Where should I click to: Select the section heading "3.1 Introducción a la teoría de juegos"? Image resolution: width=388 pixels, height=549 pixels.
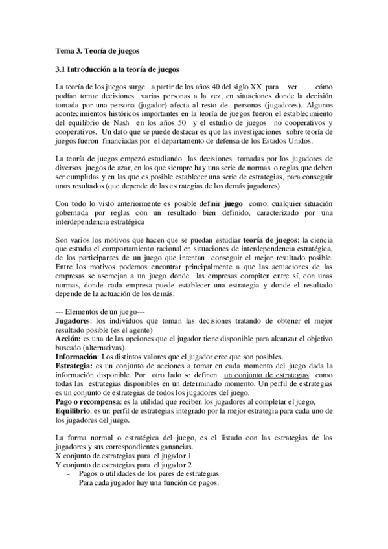(x=117, y=69)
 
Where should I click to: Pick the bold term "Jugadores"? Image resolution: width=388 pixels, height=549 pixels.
(x=71, y=320)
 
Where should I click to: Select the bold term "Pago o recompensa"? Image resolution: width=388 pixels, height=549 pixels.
(x=89, y=402)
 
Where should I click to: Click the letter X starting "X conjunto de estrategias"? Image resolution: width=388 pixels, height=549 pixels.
(x=59, y=456)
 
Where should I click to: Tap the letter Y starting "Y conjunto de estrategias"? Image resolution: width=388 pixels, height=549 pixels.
(x=59, y=465)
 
